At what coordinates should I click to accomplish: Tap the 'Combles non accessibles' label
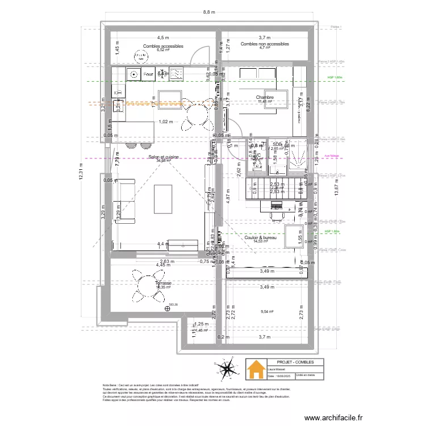point(264,44)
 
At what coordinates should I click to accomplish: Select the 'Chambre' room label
point(265,98)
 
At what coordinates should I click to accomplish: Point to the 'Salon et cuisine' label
point(164,157)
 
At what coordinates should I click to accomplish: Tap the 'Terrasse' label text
point(164,283)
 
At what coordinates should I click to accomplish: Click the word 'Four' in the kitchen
point(148,74)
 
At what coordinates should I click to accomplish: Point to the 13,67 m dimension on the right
point(336,186)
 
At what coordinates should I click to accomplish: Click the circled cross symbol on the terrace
point(168,309)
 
